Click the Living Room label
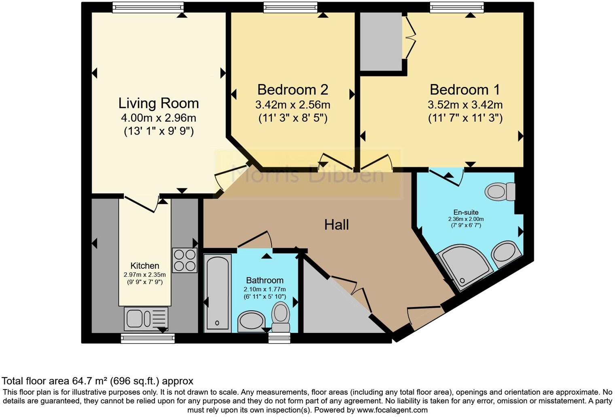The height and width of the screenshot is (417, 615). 158,103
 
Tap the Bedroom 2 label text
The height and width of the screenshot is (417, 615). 293,89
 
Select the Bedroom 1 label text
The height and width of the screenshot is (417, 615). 464,89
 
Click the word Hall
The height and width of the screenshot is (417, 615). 336,225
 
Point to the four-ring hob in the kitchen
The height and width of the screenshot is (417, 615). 184,260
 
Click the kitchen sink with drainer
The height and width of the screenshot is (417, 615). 146,318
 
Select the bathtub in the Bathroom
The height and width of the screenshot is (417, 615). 217,293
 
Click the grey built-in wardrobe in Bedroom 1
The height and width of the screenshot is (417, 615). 381,42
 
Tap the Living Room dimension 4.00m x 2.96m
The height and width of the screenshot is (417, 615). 158,118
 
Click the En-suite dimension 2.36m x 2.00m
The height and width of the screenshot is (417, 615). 466,219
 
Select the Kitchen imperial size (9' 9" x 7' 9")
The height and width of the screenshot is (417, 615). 144,282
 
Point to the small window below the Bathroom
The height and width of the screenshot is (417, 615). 279,339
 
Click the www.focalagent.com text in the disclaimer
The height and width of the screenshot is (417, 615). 392,410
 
